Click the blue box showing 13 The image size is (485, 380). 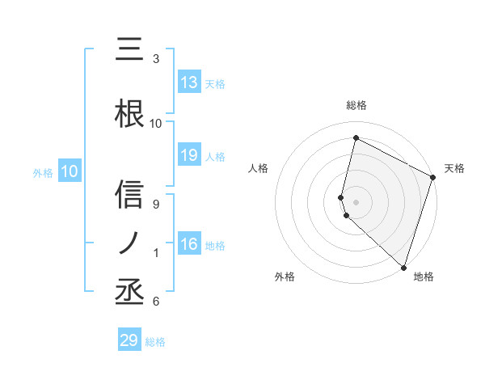[x=189, y=82]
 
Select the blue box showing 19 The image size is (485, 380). [x=189, y=156]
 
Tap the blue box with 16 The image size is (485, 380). [x=189, y=245]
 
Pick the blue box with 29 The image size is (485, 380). [x=129, y=340]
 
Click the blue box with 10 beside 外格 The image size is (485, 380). [x=69, y=171]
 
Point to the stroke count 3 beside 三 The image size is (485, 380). [x=156, y=59]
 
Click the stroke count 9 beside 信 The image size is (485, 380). [x=156, y=205]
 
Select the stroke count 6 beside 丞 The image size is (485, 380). [x=156, y=302]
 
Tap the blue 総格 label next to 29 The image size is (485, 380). [x=155, y=342]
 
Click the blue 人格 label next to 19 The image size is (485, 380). [x=215, y=157]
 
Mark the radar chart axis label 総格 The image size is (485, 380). [x=356, y=105]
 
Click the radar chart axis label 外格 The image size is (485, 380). [x=285, y=277]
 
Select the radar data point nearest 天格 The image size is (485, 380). [x=433, y=179]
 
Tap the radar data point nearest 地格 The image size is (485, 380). [x=403, y=267]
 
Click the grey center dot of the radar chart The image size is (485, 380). [x=356, y=201]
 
